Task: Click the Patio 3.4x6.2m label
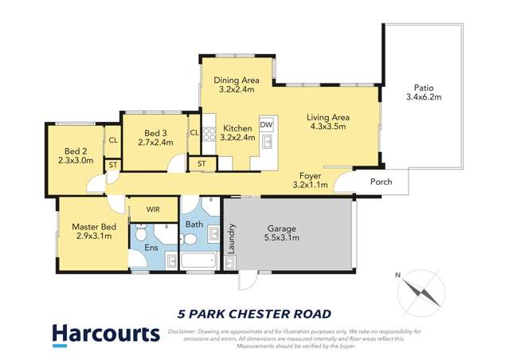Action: [x=423, y=92]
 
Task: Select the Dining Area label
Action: [x=237, y=84]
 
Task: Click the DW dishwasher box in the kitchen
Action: [x=266, y=125]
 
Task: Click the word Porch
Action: [x=382, y=182]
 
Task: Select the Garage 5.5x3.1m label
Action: [x=288, y=233]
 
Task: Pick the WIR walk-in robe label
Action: [x=155, y=209]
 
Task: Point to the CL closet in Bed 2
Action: [x=112, y=140]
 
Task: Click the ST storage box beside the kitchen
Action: [x=202, y=164]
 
